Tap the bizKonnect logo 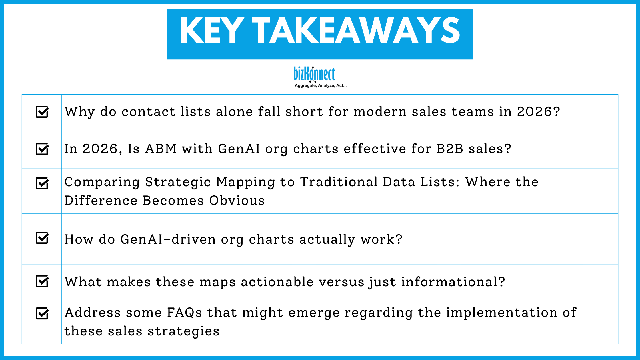pyautogui.click(x=314, y=74)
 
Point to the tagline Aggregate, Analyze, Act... pyautogui.click(x=320, y=85)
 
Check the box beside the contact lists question pyautogui.click(x=42, y=112)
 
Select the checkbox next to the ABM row pyautogui.click(x=42, y=149)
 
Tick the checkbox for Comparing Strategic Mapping pyautogui.click(x=42, y=183)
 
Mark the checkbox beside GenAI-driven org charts pyautogui.click(x=42, y=238)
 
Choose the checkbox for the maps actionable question pyautogui.click(x=42, y=281)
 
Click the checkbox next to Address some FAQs pyautogui.click(x=42, y=313)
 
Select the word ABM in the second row pyautogui.click(x=161, y=149)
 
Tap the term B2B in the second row pyautogui.click(x=450, y=149)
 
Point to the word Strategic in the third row pyautogui.click(x=178, y=182)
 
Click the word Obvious pyautogui.click(x=237, y=201)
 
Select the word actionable pyautogui.click(x=277, y=282)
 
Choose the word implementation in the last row pyautogui.click(x=502, y=313)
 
